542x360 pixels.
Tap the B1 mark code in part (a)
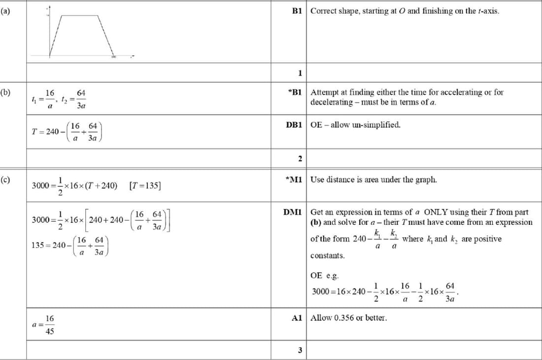point(297,10)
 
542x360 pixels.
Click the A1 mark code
point(297,318)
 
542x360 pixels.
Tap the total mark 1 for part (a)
point(300,73)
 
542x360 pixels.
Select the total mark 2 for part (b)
point(300,158)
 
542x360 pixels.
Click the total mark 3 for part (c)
point(300,350)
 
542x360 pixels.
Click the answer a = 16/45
point(44,325)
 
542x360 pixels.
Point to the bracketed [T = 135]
point(145,185)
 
